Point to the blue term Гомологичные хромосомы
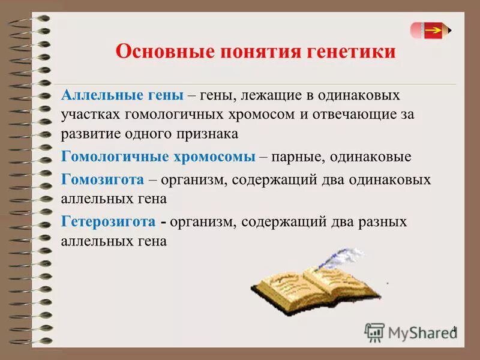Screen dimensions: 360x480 tap(158, 157)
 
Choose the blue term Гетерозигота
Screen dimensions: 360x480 tap(109, 222)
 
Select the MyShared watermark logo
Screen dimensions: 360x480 tap(408, 332)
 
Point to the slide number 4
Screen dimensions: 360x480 tap(454, 329)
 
